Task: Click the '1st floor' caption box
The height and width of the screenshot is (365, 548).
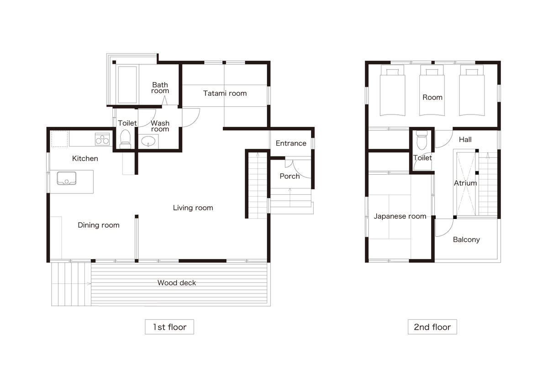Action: click(169, 327)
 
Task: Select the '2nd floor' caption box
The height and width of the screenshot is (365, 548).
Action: click(432, 327)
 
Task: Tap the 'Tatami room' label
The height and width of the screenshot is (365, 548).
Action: click(225, 94)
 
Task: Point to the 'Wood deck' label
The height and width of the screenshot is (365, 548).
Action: click(177, 283)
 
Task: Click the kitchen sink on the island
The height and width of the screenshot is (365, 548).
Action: click(67, 178)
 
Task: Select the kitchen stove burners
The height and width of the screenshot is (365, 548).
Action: click(102, 140)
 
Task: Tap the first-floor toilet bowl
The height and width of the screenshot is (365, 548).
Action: click(125, 139)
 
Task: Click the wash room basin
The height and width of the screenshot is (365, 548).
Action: click(148, 141)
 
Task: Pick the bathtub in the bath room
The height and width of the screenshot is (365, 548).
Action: click(127, 84)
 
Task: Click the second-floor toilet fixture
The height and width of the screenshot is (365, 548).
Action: click(422, 140)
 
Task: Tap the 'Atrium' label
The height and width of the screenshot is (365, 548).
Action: click(465, 183)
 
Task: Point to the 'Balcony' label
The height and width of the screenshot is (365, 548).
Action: click(466, 240)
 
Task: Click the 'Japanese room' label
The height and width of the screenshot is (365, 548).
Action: click(400, 216)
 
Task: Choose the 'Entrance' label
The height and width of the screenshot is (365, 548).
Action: click(291, 143)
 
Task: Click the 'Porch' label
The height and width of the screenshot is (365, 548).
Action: click(290, 176)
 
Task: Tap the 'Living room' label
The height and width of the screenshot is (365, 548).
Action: click(193, 208)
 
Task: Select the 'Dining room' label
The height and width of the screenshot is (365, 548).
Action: click(99, 225)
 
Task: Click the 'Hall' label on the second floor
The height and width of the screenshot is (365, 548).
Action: click(465, 140)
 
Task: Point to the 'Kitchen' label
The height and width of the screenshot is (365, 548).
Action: click(85, 159)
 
